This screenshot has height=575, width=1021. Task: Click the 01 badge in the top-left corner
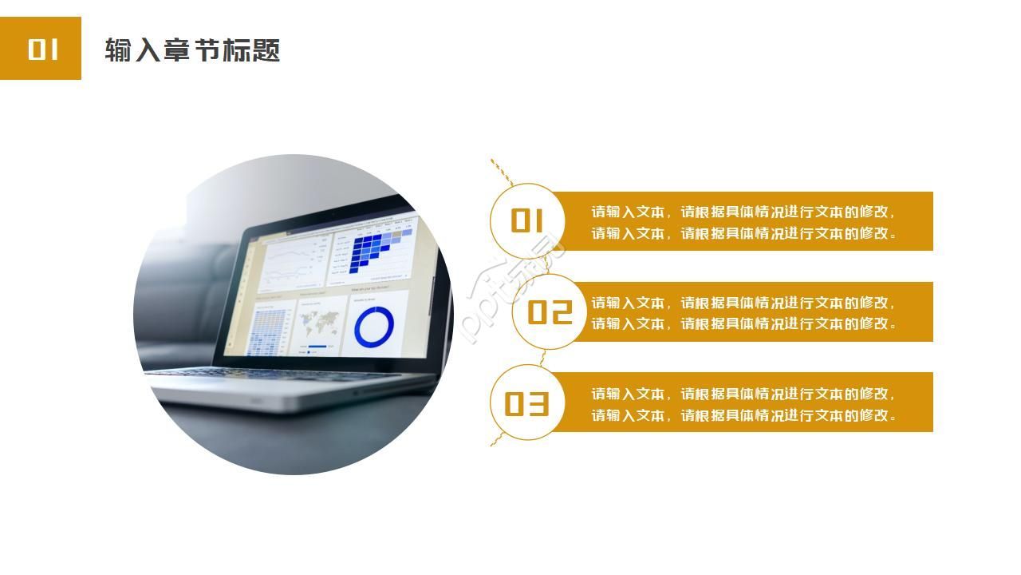click(x=41, y=49)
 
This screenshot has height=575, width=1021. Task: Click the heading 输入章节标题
click(x=192, y=50)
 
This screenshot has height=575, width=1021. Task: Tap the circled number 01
click(x=526, y=220)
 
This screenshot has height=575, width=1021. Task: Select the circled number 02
click(x=550, y=311)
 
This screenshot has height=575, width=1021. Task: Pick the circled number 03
click(x=526, y=403)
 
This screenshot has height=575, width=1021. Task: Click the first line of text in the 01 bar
click(x=743, y=212)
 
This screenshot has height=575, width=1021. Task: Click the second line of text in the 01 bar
click(x=743, y=234)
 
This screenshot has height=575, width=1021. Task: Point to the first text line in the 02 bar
click(x=743, y=303)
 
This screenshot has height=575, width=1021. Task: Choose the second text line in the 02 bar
click(x=743, y=324)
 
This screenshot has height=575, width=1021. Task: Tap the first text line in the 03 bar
click(x=743, y=395)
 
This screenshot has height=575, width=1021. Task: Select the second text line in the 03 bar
click(x=743, y=416)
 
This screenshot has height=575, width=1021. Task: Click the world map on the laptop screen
click(x=318, y=323)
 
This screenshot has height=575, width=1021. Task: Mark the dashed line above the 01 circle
click(x=501, y=171)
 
